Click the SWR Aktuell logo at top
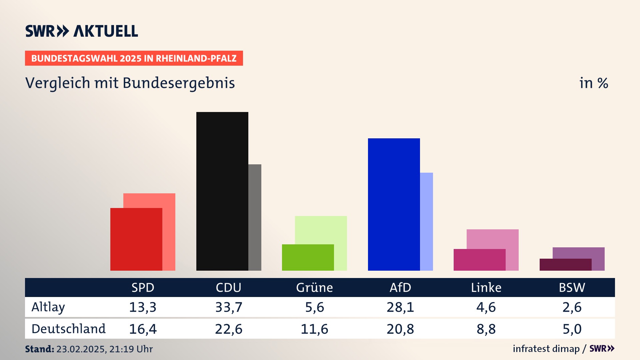click(82, 31)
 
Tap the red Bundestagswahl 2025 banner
click(134, 58)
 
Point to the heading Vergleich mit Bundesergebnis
click(130, 83)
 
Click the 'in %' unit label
click(594, 83)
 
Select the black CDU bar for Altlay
click(222, 191)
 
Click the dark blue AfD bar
click(394, 204)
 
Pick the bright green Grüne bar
click(308, 257)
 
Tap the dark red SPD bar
click(136, 239)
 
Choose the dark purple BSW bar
click(565, 265)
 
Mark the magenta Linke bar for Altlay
click(479, 260)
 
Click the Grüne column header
click(314, 288)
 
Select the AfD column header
click(400, 288)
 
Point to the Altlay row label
click(48, 307)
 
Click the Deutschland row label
click(69, 329)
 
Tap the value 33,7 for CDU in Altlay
click(229, 307)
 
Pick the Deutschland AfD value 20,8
click(400, 329)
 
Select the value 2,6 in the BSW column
click(572, 307)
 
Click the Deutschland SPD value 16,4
click(143, 329)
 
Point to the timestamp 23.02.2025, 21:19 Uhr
click(104, 349)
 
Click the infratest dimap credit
click(546, 349)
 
